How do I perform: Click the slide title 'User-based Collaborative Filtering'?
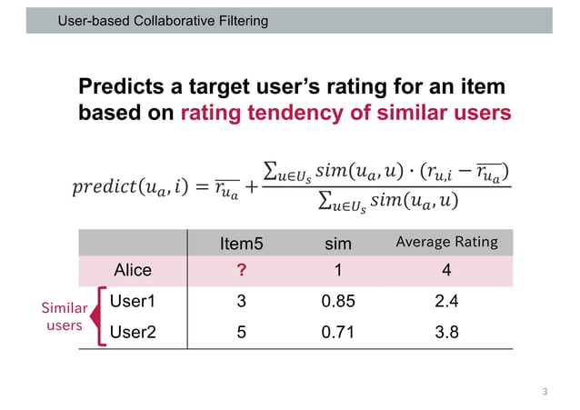[163, 20]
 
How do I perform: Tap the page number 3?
[545, 392]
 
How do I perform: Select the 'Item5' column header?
[241, 243]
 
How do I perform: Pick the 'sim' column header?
[338, 243]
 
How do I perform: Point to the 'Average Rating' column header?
[446, 242]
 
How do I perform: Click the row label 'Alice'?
[132, 270]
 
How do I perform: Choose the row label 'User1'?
[132, 301]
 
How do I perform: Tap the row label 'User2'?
[132, 332]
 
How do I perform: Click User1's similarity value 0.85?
[338, 301]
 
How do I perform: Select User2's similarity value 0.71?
[338, 332]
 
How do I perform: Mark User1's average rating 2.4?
[446, 301]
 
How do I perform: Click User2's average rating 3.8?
[446, 332]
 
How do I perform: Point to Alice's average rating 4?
[446, 270]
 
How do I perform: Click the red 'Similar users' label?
[65, 316]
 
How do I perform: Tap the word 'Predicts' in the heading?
[124, 88]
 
